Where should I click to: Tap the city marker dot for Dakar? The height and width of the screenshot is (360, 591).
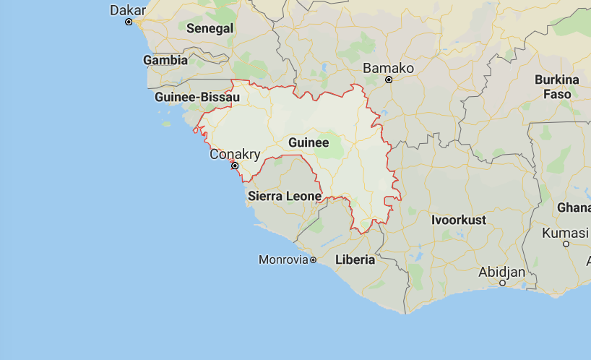point(129,22)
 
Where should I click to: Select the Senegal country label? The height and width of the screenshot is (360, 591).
point(210,29)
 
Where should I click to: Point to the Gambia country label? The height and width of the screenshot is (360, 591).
point(165,61)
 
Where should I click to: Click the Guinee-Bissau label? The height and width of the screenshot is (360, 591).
point(197,97)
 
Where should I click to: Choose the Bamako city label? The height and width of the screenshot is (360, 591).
point(388,68)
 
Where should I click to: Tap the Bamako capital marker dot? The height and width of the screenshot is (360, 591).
point(389,80)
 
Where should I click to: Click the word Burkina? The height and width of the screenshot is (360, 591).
point(557,80)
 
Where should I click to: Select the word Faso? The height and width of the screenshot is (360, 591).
point(557,94)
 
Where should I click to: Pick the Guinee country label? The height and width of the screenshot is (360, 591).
point(309,142)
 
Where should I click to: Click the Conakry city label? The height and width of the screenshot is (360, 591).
point(235,154)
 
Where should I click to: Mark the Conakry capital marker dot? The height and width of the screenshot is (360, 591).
point(235,166)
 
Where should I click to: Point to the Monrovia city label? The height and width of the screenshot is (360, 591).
point(283,260)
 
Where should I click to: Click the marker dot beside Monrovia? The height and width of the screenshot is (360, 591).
point(314,260)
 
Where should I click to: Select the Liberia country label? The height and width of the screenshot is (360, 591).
point(355,260)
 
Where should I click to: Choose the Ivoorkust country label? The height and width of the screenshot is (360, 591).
point(459,220)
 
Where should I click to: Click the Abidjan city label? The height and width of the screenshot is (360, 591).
point(501,272)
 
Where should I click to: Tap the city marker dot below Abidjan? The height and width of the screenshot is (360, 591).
point(503,283)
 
